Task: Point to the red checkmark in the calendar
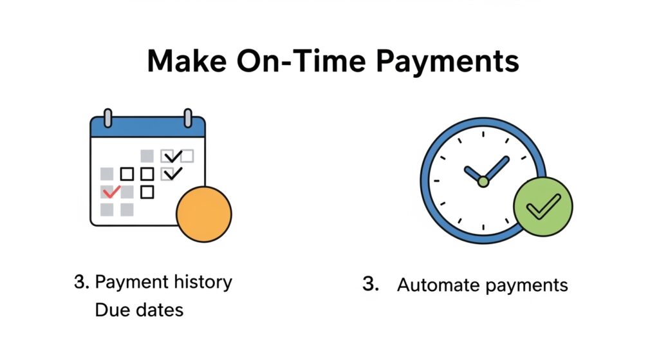111,191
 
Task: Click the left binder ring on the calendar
108,118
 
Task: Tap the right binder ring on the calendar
187,118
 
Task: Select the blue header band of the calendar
147,128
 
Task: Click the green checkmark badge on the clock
543,207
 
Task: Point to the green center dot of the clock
483,182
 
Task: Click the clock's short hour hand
474,175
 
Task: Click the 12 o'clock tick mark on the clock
483,132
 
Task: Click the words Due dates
139,310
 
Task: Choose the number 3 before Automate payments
369,284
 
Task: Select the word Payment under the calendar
131,282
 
